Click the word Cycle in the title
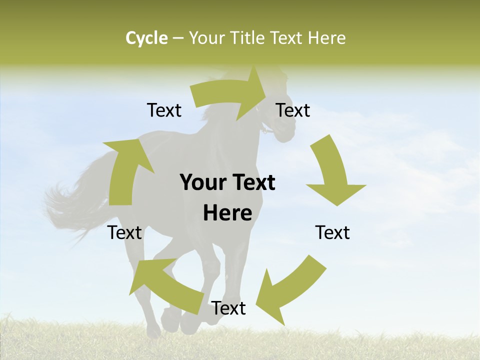tap(146, 38)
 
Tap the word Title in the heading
tap(248, 38)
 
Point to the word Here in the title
tap(326, 38)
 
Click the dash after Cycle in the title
tap(178, 38)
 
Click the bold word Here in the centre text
tap(227, 213)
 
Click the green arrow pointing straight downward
tap(332, 172)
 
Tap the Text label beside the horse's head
tap(293, 110)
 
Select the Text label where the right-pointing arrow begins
tap(164, 110)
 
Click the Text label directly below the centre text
tap(228, 308)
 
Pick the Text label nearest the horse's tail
tap(125, 232)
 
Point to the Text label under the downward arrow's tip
tap(332, 232)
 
